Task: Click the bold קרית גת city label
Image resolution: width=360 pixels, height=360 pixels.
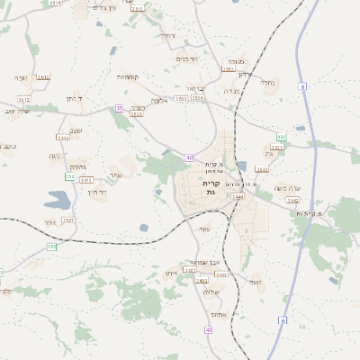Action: (x=211, y=186)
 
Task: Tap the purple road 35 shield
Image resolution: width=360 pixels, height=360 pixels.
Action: (x=118, y=108)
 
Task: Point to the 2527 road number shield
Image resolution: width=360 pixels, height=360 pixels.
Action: (x=68, y=220)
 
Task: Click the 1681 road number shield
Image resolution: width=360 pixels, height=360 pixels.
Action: (x=228, y=69)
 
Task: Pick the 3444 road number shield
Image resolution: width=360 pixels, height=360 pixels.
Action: (x=238, y=195)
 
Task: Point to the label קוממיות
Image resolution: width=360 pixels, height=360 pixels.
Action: (x=126, y=76)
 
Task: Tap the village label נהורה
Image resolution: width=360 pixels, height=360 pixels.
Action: (x=78, y=167)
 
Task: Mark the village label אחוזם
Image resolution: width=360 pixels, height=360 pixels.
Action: (x=216, y=313)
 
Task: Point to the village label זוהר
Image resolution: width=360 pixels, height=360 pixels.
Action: (x=49, y=221)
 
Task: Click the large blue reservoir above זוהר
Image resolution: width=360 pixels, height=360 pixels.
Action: (x=55, y=200)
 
